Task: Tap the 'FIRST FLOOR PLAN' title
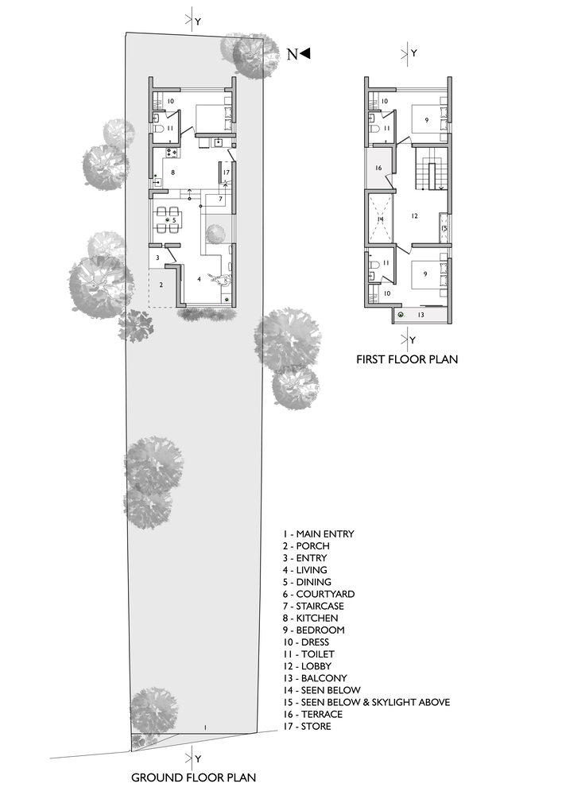[407, 359]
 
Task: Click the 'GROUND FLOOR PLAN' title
[194, 777]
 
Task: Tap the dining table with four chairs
[169, 218]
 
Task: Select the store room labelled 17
[226, 172]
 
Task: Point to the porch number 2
[161, 284]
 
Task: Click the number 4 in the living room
[200, 278]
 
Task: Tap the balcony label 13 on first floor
[421, 315]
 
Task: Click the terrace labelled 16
[378, 168]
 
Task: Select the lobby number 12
[414, 215]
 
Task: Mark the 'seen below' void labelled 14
[380, 219]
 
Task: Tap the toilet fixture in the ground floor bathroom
[160, 128]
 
